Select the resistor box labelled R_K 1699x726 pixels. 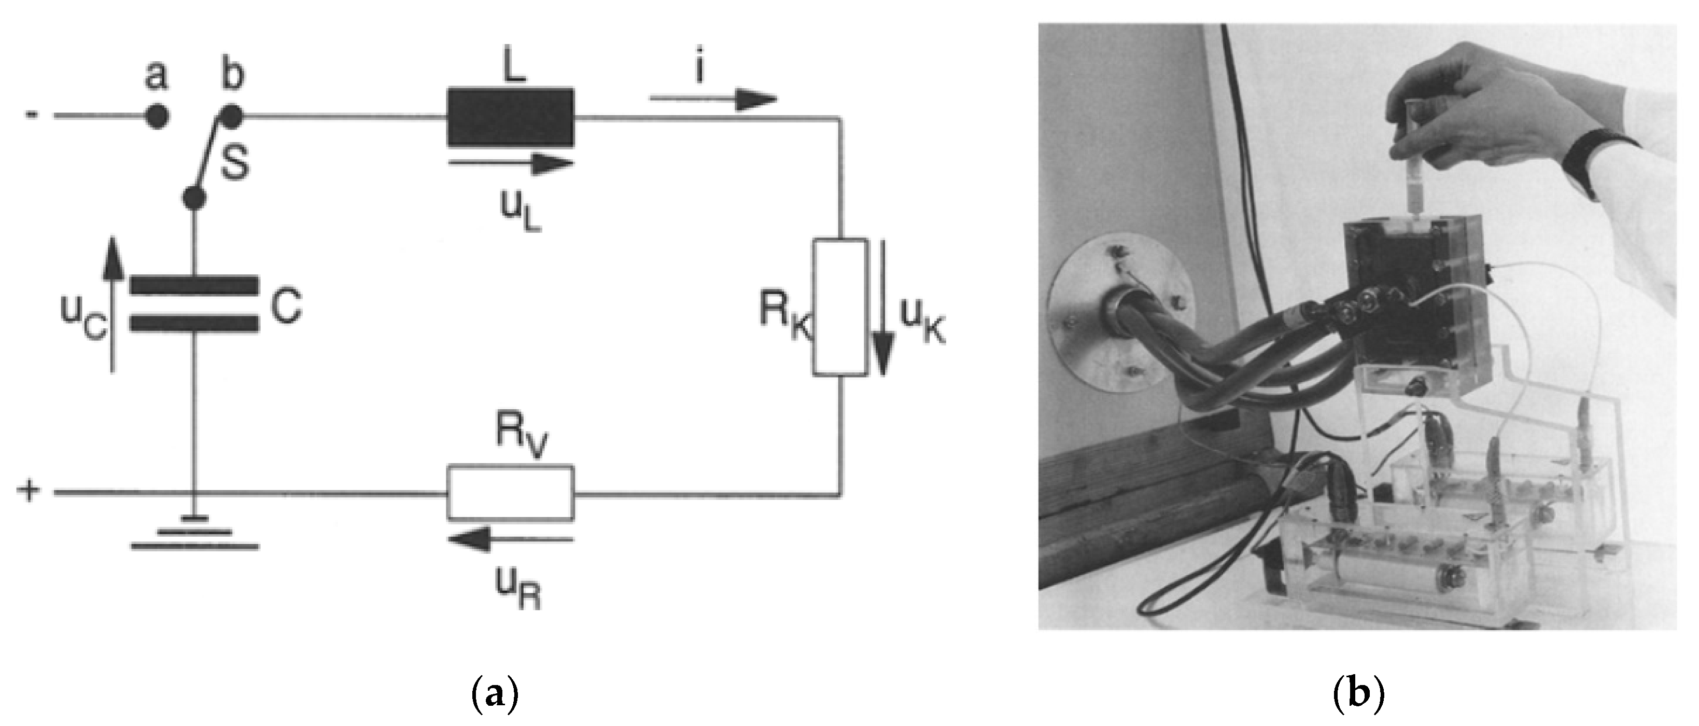[839, 308]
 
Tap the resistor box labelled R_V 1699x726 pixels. [511, 492]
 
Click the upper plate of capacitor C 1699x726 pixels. [193, 285]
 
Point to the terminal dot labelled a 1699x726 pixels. [157, 117]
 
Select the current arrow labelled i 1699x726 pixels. [712, 100]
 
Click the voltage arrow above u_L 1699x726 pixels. [511, 163]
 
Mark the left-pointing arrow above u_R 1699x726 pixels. [511, 541]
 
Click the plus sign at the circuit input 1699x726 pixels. [29, 491]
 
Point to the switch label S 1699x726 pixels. [234, 165]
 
